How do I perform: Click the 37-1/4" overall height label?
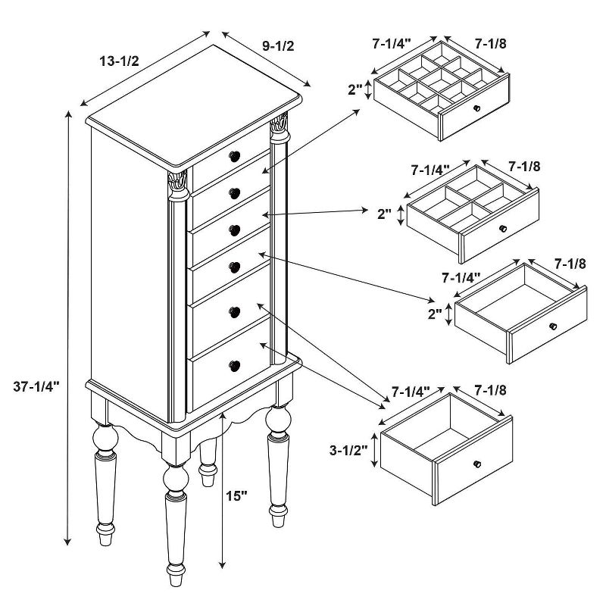tap(36, 386)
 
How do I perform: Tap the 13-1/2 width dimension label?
tap(119, 61)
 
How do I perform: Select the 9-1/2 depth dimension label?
tap(278, 45)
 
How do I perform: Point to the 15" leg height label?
tap(236, 496)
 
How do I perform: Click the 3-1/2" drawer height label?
tap(348, 450)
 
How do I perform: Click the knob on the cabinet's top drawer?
tap(234, 156)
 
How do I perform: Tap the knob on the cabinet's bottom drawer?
tap(234, 365)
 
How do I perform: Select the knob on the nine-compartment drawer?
tap(477, 108)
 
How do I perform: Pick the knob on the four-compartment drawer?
tap(503, 229)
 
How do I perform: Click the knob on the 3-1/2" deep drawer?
tap(477, 464)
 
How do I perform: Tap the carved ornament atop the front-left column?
tap(178, 181)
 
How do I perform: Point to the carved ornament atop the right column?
tap(279, 123)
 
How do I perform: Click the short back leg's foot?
tap(208, 476)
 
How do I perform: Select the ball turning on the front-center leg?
tap(176, 478)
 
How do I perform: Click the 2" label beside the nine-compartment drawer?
tap(355, 89)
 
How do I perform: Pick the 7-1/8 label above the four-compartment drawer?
tap(524, 166)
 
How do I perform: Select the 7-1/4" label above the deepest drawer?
tap(411, 392)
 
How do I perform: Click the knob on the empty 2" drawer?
tap(553, 326)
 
